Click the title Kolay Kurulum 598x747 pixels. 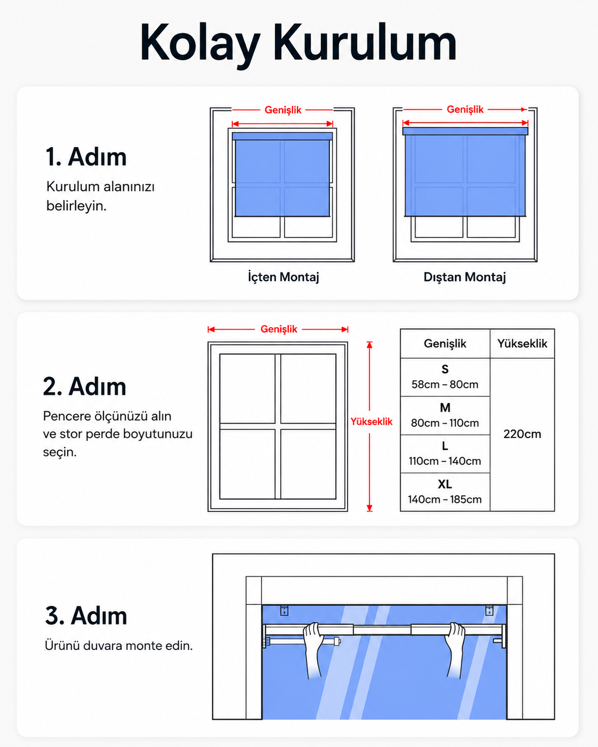298,43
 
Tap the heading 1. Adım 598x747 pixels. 86,157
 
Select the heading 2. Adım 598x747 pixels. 84,386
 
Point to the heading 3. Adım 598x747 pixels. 86,615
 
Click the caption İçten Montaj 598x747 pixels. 284,277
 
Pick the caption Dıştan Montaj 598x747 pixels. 465,277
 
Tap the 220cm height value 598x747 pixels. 522,434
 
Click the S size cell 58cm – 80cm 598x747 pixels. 445,377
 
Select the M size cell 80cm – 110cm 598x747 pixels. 445,416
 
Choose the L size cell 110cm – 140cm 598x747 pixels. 445,453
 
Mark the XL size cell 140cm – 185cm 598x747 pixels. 445,492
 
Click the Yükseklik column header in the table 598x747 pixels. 522,344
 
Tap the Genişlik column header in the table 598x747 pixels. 445,344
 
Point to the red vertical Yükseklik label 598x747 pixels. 371,422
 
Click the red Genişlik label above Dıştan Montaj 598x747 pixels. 465,110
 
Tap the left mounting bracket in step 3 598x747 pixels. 284,610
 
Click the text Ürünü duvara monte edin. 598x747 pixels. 118,646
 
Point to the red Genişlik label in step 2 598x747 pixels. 279,329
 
